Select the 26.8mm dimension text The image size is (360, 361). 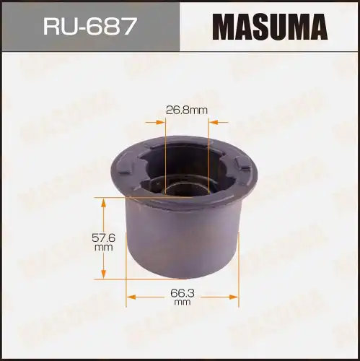(188, 110)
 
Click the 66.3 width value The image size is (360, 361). (183, 293)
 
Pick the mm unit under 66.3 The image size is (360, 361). (183, 303)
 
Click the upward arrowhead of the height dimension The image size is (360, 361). (104, 204)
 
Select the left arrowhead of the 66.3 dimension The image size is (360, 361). (131, 295)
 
